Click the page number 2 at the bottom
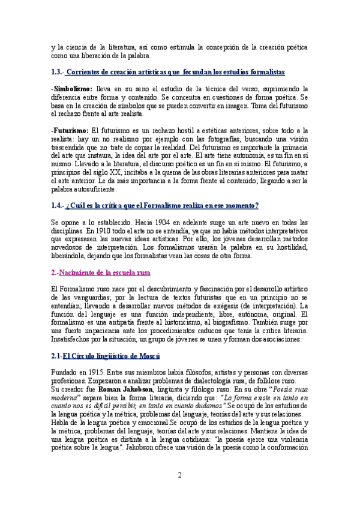[x=179, y=476]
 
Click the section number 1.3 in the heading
[x=58, y=72]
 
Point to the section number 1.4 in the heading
[x=58, y=205]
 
